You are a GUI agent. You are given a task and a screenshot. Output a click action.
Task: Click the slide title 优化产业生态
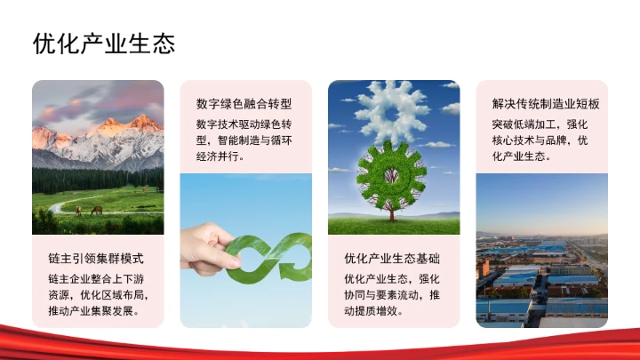104,43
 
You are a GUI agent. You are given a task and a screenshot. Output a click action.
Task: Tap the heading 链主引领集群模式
96,259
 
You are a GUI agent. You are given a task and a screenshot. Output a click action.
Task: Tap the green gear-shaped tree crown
391,174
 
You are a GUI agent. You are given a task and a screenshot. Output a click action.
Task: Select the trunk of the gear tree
391,212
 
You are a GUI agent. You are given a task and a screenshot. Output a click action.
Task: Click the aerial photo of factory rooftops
541,276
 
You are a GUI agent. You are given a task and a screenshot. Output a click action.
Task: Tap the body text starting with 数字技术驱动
244,140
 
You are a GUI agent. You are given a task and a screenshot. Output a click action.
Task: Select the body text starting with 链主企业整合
98,294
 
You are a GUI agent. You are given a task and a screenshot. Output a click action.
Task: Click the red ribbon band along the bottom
320,342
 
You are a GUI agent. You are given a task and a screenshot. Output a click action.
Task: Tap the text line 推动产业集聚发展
93,311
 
